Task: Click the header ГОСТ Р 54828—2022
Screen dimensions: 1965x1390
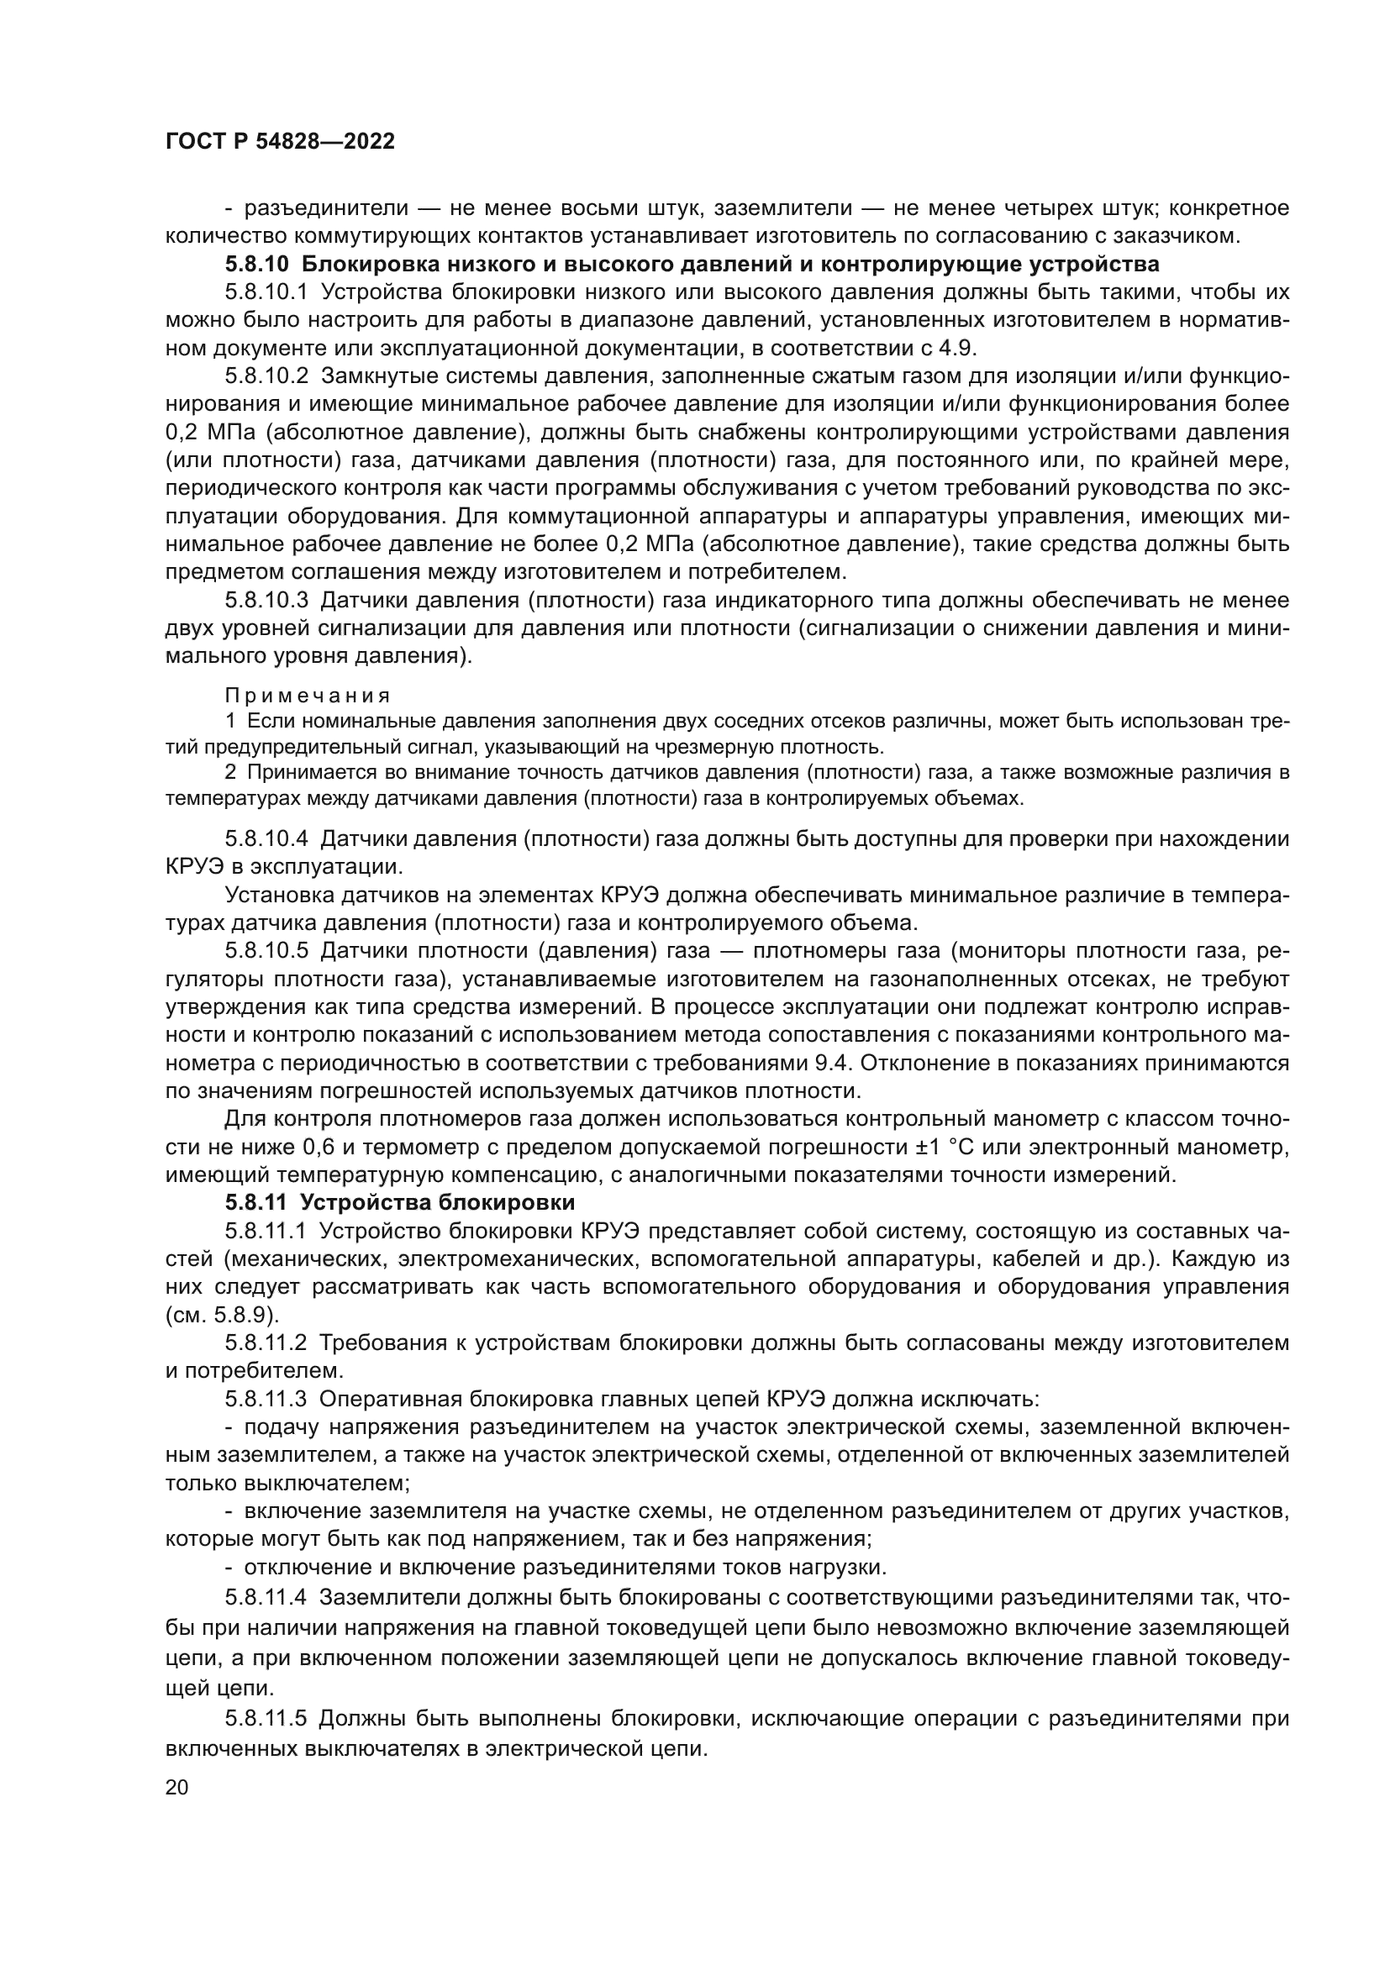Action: click(280, 142)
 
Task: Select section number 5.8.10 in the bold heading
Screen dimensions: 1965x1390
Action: click(258, 264)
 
